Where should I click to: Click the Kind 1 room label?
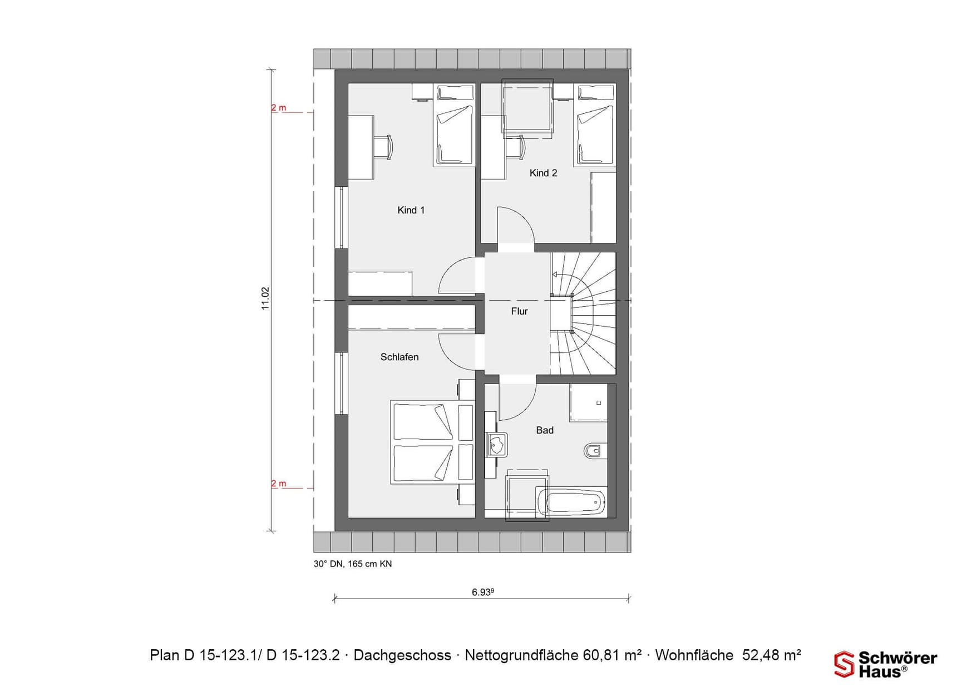click(x=411, y=210)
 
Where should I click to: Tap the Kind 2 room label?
click(x=543, y=173)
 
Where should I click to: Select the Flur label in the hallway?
click(x=519, y=311)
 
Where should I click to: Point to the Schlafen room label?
click(x=399, y=357)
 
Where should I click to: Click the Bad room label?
click(x=545, y=430)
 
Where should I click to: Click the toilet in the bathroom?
click(x=594, y=450)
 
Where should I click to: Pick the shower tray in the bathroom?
click(x=588, y=402)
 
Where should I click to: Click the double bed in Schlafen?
click(x=431, y=442)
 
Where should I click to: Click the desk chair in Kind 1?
click(x=384, y=147)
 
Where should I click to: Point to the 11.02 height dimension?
click(x=265, y=298)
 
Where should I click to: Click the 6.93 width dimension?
click(x=482, y=592)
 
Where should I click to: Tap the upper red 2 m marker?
click(x=279, y=108)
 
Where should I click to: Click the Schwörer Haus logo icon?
click(x=843, y=664)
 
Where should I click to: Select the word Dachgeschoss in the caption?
click(x=402, y=655)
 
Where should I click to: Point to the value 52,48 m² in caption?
click(x=772, y=655)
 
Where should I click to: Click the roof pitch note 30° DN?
click(x=328, y=564)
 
